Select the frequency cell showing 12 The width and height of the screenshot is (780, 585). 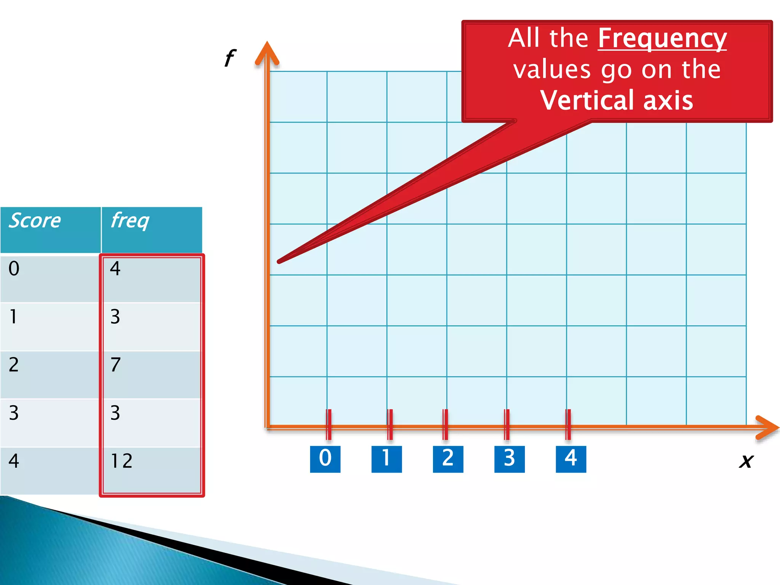tap(152, 471)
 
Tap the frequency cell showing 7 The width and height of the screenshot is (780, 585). tap(152, 374)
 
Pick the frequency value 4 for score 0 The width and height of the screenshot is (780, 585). tap(152, 278)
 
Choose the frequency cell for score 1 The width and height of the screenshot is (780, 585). tap(152, 326)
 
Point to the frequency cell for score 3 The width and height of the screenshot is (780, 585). tap(152, 423)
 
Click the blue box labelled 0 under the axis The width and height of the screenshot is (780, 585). tap(325, 459)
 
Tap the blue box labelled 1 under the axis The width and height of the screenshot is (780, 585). tap(387, 459)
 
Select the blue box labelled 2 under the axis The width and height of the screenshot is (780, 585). tap(448, 459)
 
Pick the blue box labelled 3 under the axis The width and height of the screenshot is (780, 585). tap(509, 459)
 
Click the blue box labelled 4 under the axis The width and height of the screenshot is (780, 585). tap(571, 459)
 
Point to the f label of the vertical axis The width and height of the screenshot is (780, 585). tap(230, 58)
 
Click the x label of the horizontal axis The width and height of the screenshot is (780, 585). tap(746, 461)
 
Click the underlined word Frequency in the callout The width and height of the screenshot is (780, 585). tap(662, 38)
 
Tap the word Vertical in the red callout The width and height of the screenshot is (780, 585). tap(589, 101)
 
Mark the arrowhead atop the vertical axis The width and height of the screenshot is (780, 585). tap(267, 53)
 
